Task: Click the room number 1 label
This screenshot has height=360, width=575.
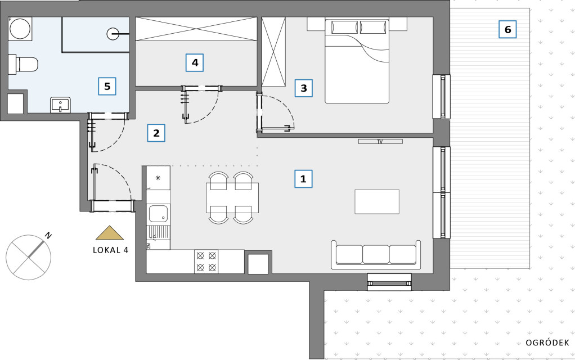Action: pyautogui.click(x=303, y=179)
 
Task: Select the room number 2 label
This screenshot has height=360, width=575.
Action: pyautogui.click(x=156, y=133)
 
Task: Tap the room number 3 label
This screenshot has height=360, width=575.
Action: pyautogui.click(x=304, y=88)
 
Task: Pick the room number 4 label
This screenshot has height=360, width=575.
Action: pyautogui.click(x=195, y=62)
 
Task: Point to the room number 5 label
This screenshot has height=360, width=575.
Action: pyautogui.click(x=107, y=86)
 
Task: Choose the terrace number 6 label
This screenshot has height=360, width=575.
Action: pyautogui.click(x=507, y=29)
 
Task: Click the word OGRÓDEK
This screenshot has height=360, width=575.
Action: pyautogui.click(x=547, y=343)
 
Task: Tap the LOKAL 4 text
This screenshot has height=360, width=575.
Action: pyautogui.click(x=110, y=250)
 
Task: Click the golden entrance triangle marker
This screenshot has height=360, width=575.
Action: pyautogui.click(x=110, y=233)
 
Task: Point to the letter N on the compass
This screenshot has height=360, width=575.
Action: pyautogui.click(x=48, y=235)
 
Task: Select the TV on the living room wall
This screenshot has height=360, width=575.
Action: pyautogui.click(x=380, y=142)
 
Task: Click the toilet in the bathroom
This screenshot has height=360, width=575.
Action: pyautogui.click(x=23, y=64)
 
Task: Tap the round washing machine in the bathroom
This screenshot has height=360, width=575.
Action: pyautogui.click(x=20, y=28)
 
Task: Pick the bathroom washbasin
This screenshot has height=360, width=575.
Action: pyautogui.click(x=61, y=105)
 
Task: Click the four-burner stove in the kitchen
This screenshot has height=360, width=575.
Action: pyautogui.click(x=206, y=261)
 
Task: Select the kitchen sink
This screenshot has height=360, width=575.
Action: pyautogui.click(x=159, y=214)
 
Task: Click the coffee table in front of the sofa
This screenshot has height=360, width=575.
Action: pyautogui.click(x=377, y=201)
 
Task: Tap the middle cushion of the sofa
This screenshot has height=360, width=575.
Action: pyautogui.click(x=376, y=254)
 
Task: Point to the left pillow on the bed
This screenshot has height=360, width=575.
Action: pyautogui.click(x=344, y=27)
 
